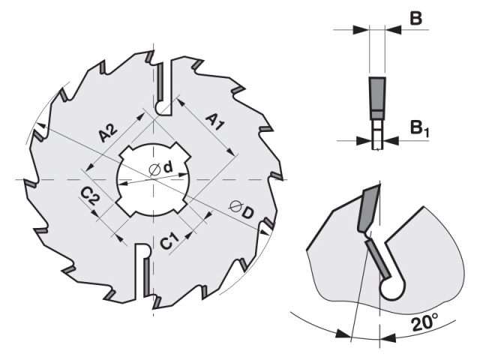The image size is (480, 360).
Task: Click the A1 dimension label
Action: pos(215,121)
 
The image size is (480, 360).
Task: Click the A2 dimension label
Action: pos(108,132)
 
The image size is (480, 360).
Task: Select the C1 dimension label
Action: pos(169,240)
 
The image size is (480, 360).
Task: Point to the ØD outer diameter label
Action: pos(241,209)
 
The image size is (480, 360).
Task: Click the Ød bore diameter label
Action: pos(160,168)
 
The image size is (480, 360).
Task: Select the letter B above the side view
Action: pos(415,18)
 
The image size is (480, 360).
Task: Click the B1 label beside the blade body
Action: pos(419,128)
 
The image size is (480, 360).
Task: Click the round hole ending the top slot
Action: pos(160,107)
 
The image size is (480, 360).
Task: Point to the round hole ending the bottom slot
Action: pos(144,250)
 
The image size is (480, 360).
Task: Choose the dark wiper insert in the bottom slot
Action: pos(146,275)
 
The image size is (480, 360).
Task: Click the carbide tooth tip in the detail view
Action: pos(369,209)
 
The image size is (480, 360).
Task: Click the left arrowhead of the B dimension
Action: pos(361,30)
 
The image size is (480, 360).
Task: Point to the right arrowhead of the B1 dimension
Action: pos(391,140)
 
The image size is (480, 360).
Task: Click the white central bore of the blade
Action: pos(154,179)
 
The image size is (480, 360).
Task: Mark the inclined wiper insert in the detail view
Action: pos(378,258)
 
